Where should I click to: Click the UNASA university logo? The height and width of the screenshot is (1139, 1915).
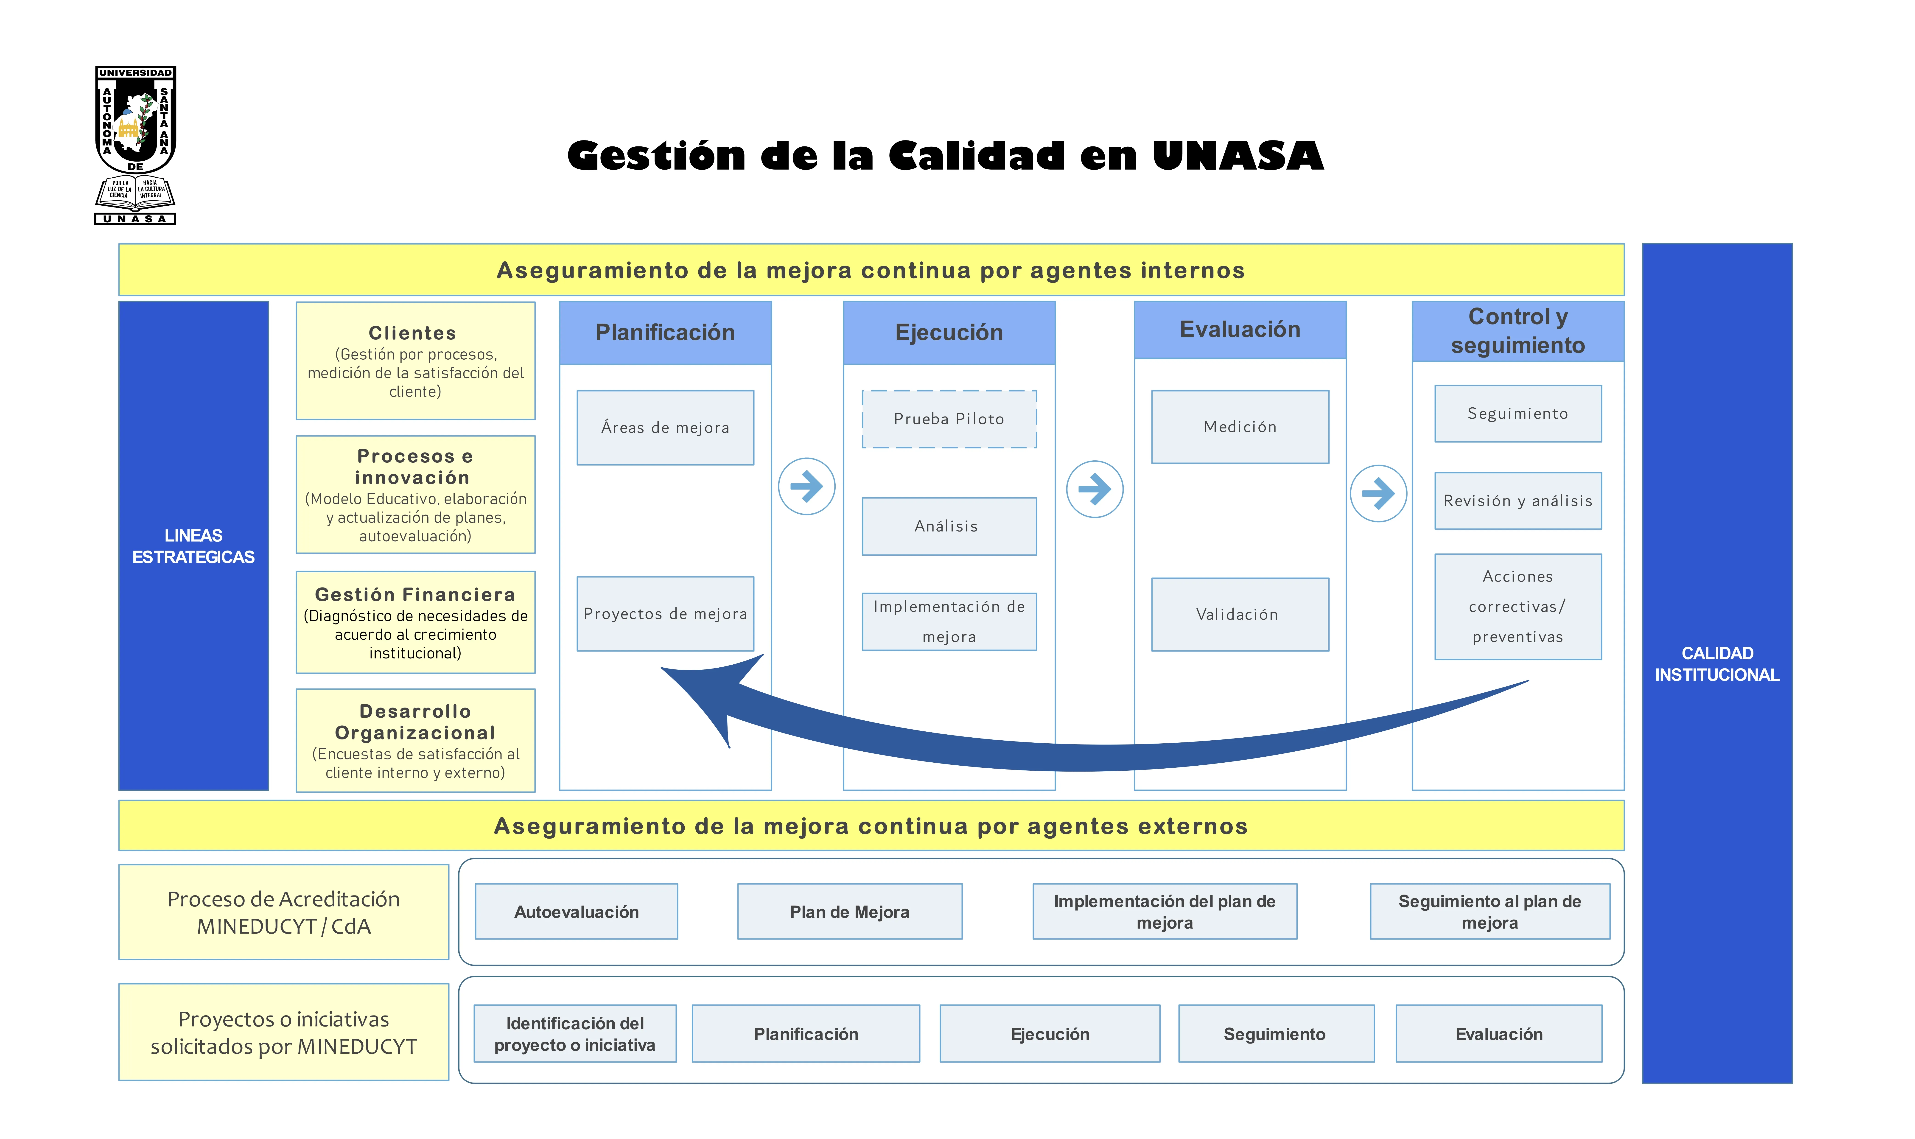click(135, 145)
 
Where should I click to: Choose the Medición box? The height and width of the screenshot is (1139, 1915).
click(1240, 427)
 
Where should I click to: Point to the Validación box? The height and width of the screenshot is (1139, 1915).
click(1240, 614)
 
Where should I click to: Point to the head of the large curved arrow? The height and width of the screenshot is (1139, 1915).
click(662, 669)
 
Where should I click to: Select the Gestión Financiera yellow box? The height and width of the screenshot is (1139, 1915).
click(415, 622)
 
